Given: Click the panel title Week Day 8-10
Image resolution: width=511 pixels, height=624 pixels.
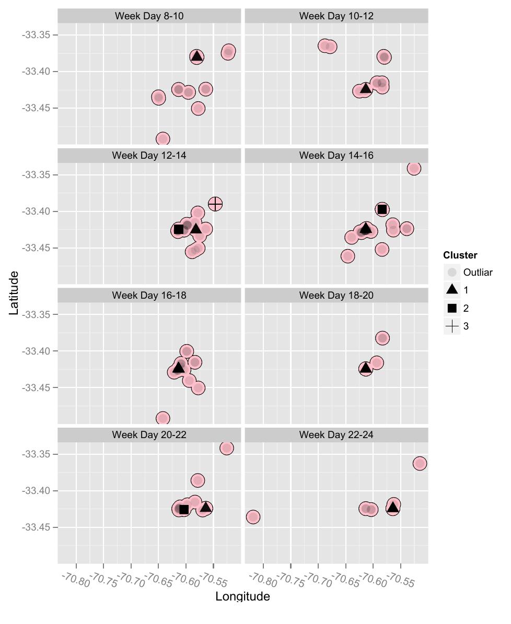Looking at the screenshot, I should [149, 16].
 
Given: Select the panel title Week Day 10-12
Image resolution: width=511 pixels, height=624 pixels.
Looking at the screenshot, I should [336, 16].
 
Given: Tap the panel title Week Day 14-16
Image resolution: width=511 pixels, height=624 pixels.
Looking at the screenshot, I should [336, 155].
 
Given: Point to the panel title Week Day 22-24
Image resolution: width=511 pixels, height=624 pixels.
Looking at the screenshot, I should [336, 434].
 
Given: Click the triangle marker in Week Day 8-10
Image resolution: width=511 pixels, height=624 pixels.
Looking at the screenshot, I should [196, 56].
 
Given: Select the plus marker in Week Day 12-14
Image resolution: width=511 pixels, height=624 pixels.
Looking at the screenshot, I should [215, 204].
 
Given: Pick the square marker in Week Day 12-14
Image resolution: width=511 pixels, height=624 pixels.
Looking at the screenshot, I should [179, 229].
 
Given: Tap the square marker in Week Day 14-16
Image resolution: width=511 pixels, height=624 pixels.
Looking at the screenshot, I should [382, 209].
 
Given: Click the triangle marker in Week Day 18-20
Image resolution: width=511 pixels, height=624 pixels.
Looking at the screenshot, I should [366, 369].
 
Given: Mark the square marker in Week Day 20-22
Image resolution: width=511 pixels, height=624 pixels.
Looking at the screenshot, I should [184, 509].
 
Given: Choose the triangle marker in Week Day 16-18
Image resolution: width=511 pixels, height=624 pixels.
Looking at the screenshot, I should [179, 368].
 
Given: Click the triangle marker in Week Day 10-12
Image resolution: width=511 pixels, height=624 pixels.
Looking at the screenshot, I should [366, 88].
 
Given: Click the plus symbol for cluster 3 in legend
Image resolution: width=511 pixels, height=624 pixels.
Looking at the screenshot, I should [452, 326].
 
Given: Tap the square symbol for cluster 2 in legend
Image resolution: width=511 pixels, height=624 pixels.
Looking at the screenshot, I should [452, 308].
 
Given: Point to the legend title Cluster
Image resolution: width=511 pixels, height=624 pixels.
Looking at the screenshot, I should [460, 255].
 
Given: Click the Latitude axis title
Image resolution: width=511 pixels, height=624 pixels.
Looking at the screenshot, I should [14, 292].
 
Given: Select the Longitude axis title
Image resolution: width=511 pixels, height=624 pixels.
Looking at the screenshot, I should [242, 596].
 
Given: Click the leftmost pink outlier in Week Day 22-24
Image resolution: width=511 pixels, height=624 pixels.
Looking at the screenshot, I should [253, 517].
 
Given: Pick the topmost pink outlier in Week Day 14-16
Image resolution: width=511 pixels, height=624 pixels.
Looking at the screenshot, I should [414, 168].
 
